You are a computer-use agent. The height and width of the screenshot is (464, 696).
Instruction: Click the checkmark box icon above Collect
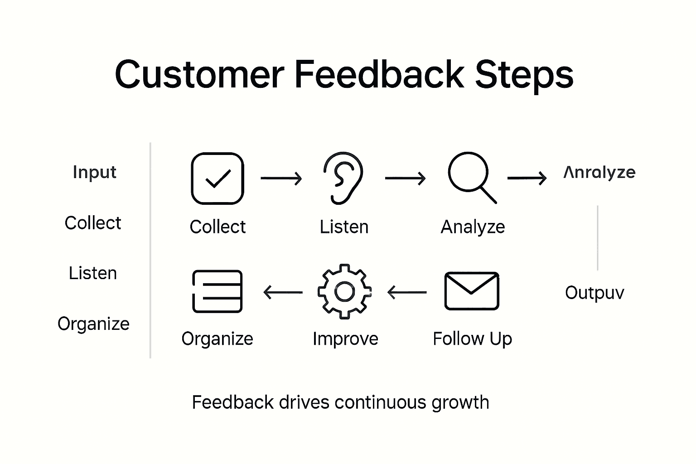point(217,179)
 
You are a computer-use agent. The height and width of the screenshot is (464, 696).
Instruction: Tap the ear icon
point(343,178)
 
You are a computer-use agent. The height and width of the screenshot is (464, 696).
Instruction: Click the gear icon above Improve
point(344,292)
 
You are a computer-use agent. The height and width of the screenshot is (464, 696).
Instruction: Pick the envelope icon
point(472,291)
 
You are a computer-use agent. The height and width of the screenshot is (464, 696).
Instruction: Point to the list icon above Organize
point(217,291)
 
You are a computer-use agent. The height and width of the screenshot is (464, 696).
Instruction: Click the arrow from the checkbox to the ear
point(281,179)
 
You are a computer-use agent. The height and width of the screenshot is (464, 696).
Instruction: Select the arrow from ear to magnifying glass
point(405,179)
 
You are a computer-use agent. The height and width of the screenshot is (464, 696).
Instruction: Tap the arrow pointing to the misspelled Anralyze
point(527,178)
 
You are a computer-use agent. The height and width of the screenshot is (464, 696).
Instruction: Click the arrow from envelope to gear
point(407,292)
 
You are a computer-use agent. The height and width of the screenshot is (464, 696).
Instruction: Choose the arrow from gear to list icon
point(283,292)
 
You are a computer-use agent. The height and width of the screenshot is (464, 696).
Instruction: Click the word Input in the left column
point(94,172)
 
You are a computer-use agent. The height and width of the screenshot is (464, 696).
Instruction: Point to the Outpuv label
point(594,293)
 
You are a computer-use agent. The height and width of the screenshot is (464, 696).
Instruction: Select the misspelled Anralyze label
point(599,172)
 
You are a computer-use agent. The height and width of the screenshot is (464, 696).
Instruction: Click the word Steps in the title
point(524,74)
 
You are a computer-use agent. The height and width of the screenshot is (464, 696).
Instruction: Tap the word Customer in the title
point(199,74)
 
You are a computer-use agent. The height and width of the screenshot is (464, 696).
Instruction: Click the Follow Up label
point(472,339)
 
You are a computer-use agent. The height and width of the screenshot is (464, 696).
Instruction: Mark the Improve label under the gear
point(345,339)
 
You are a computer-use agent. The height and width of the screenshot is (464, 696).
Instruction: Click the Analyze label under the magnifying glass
point(473,227)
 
